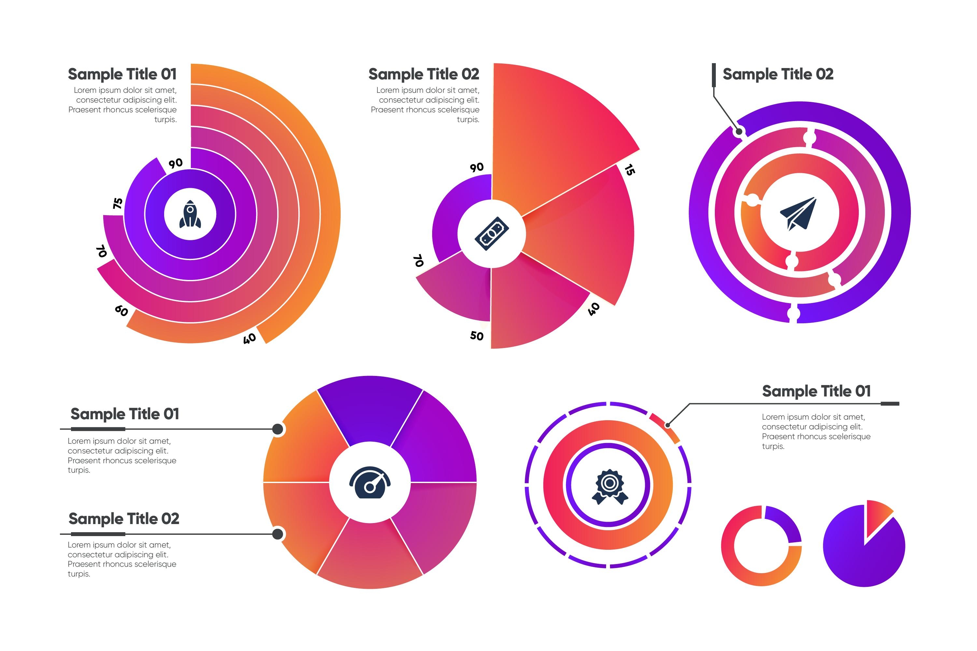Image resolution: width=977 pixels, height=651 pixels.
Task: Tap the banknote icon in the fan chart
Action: (491, 234)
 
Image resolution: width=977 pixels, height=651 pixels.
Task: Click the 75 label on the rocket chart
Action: (118, 203)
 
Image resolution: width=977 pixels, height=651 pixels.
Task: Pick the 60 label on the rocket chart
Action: (121, 310)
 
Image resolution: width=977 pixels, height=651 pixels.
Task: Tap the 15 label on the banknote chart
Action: (629, 170)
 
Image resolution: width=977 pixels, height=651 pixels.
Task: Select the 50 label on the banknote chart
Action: (477, 336)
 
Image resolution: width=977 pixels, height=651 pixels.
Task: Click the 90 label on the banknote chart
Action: (477, 167)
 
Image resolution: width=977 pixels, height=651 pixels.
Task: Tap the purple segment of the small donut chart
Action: (784, 522)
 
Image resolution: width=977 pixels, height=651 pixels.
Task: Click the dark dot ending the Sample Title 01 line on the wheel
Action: (277, 429)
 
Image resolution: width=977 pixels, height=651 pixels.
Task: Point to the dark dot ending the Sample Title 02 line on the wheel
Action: (277, 533)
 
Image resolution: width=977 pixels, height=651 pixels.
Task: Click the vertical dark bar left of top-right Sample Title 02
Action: (714, 75)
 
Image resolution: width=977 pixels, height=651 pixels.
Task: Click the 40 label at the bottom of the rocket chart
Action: (249, 339)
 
